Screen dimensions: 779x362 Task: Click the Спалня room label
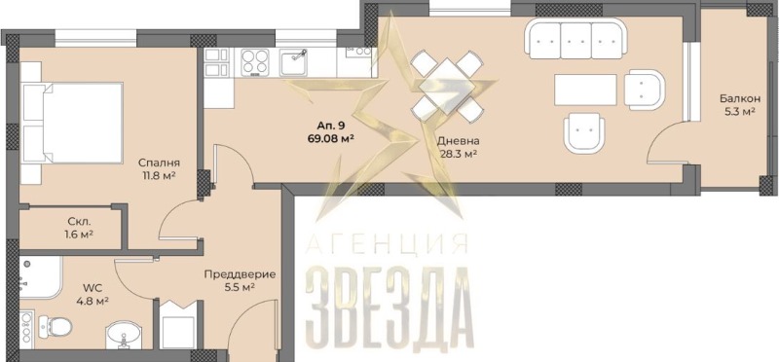click(159, 163)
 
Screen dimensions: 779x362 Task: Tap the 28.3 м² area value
click(459, 154)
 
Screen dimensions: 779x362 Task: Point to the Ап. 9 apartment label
click(330, 127)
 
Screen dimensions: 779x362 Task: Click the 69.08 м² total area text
click(330, 138)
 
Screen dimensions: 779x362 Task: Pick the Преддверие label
click(240, 274)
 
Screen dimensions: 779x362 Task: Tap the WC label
click(91, 287)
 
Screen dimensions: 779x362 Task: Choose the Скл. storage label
click(80, 223)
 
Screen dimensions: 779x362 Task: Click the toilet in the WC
click(55, 326)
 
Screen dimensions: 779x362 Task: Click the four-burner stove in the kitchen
click(255, 62)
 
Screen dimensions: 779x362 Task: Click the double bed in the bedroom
click(72, 123)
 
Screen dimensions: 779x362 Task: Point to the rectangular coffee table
click(585, 90)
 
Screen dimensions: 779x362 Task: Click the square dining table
click(447, 87)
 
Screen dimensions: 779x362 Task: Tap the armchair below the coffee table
click(583, 131)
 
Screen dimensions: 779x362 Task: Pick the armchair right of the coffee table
click(645, 90)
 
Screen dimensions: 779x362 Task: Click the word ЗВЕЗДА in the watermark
click(388, 308)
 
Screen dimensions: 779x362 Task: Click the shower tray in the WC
click(40, 277)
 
